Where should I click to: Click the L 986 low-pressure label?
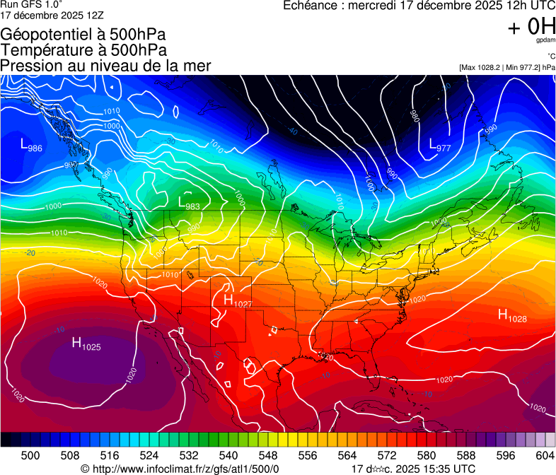pyautogui.click(x=30, y=146)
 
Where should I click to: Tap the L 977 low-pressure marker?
pyautogui.click(x=440, y=146)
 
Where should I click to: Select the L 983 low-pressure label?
pyautogui.click(x=189, y=204)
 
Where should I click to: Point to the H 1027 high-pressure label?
pyautogui.click(x=238, y=300)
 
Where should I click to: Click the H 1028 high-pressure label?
pyautogui.click(x=512, y=315)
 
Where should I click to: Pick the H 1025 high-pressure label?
pyautogui.click(x=86, y=344)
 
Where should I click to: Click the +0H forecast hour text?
pyautogui.click(x=531, y=26)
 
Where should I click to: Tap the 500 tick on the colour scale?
pyautogui.click(x=30, y=456)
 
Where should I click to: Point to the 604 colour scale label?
pyautogui.click(x=545, y=456)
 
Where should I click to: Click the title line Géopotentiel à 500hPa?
pyautogui.click(x=83, y=35)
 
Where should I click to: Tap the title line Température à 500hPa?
pyautogui.click(x=83, y=50)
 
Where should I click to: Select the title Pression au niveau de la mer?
pyautogui.click(x=105, y=66)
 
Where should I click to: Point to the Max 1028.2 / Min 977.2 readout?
pyautogui.click(x=506, y=67)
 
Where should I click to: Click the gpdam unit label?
pyautogui.click(x=545, y=42)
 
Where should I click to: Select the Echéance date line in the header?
pyautogui.click(x=418, y=6)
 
